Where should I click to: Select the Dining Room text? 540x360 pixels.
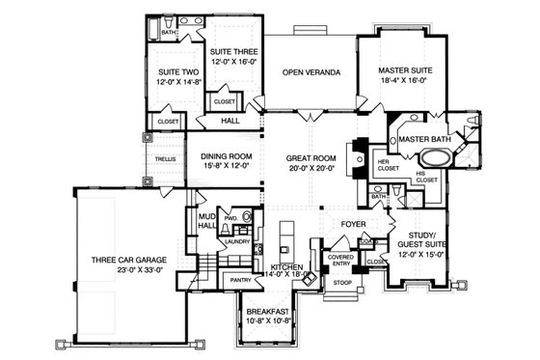point(225,160)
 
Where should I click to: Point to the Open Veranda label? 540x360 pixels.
point(310,72)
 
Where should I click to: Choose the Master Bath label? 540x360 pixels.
point(426,140)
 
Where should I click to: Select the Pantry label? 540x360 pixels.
point(241,280)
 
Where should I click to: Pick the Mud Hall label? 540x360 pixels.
point(205,222)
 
